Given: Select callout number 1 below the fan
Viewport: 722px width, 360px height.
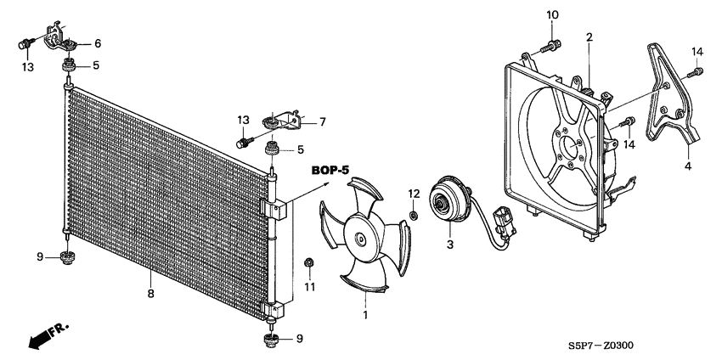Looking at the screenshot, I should pos(366,316).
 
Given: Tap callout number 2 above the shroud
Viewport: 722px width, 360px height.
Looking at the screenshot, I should pos(589,37).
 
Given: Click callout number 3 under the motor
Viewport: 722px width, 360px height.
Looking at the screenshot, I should pos(451,245).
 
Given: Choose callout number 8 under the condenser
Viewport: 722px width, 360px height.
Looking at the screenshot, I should pos(150,295).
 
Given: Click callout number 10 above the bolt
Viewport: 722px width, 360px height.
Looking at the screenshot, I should pos(551,14).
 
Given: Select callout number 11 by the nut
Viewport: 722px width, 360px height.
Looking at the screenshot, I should pos(310,287).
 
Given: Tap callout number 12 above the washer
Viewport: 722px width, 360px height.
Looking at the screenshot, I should pos(414,194).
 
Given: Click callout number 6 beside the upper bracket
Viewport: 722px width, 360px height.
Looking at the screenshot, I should pos(98,43).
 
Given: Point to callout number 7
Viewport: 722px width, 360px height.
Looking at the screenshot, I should pos(324,122).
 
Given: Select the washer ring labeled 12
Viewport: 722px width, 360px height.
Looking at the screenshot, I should pos(414,216).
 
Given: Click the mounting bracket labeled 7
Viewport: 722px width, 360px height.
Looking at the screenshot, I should pos(285,121).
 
